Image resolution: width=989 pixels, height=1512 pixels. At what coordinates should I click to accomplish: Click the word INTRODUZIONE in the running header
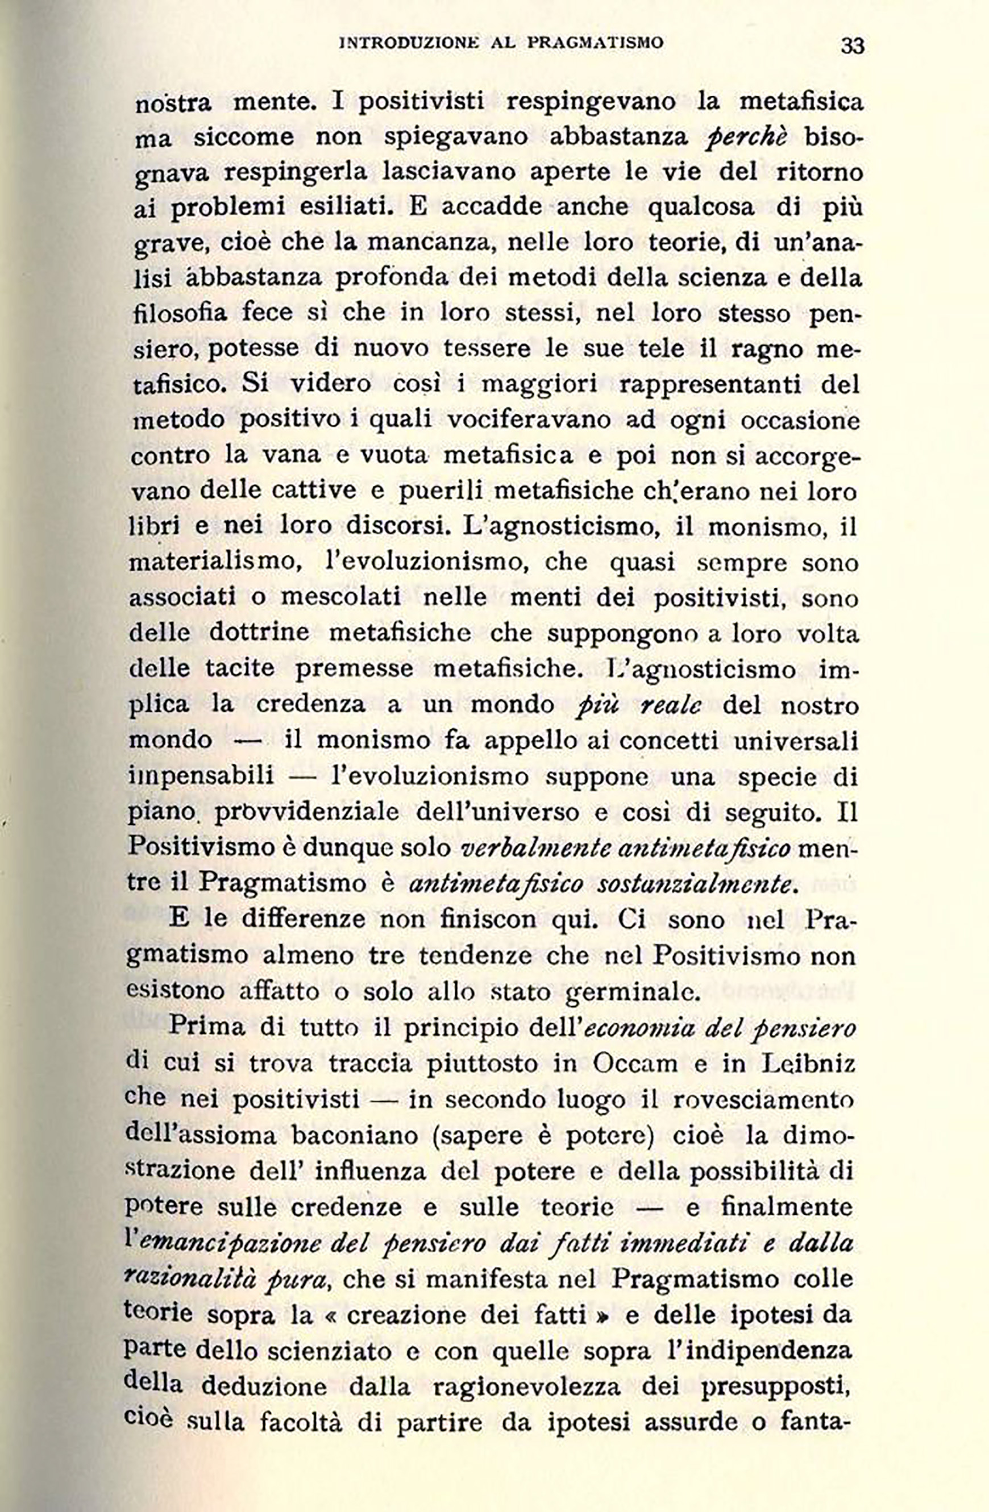[407, 43]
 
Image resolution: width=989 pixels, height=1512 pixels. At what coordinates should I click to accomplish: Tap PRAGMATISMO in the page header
[596, 43]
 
